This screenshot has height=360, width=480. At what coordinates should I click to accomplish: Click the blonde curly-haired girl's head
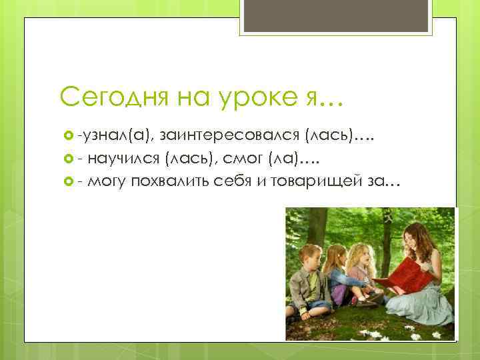(x=360, y=255)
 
